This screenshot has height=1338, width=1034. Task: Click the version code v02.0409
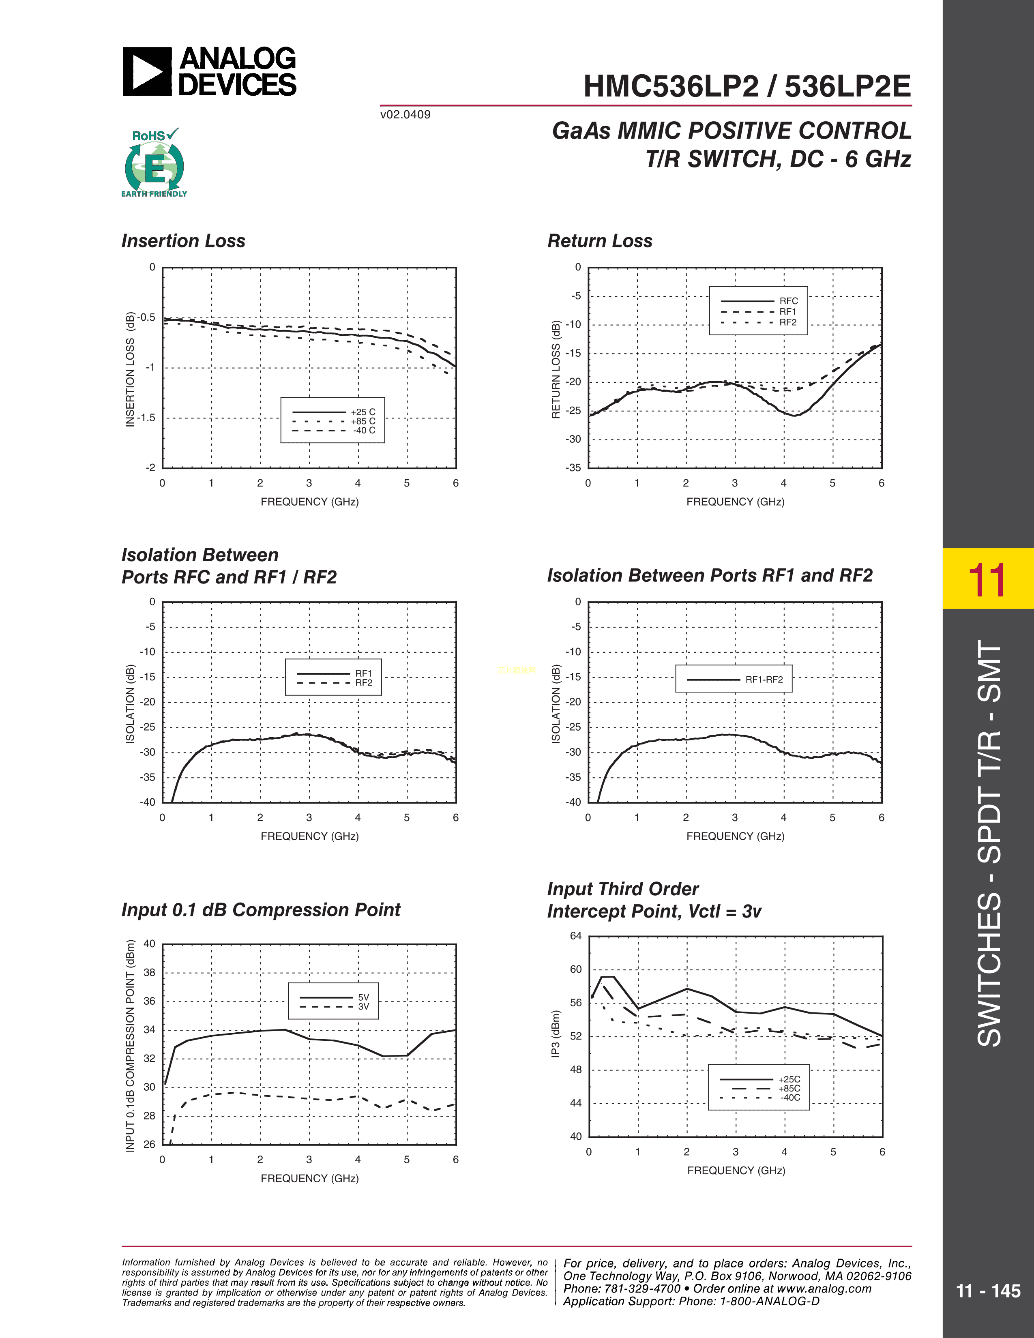tap(405, 115)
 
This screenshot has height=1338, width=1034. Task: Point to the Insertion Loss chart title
tap(183, 241)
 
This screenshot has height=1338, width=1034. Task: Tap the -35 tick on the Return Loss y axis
tap(573, 467)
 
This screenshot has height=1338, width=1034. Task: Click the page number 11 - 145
tap(988, 1291)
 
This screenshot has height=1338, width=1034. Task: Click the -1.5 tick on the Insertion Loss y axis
tap(146, 418)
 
